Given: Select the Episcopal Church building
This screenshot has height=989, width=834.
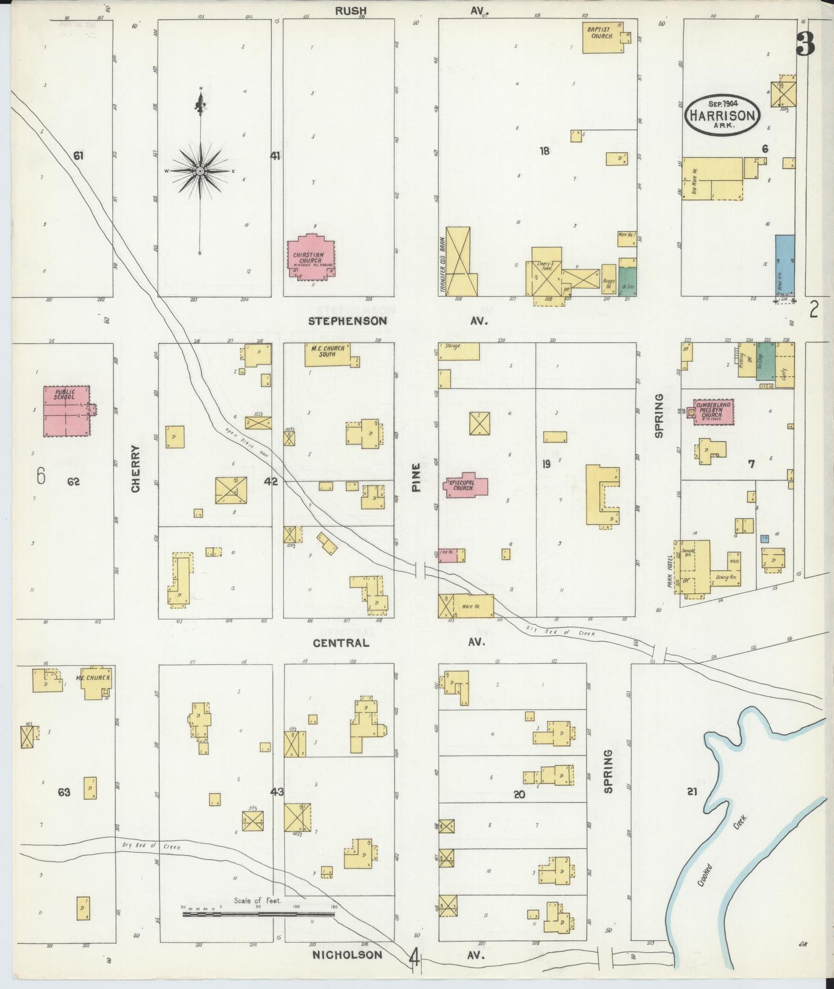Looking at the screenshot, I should pos(465,486).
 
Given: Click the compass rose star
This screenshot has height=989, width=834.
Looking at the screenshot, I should pos(200,171).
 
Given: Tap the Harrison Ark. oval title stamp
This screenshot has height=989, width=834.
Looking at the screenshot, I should pos(722,115).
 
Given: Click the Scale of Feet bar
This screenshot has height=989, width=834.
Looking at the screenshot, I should pos(258,914).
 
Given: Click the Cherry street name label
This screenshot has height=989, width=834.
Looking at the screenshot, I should pos(136,468).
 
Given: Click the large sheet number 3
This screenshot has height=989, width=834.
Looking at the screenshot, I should pos(806,43).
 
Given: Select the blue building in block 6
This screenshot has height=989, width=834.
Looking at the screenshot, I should pos(784,266).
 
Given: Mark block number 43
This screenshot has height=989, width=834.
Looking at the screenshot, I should pos(277,792).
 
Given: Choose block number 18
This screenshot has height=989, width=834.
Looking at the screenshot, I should pos(544,151).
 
